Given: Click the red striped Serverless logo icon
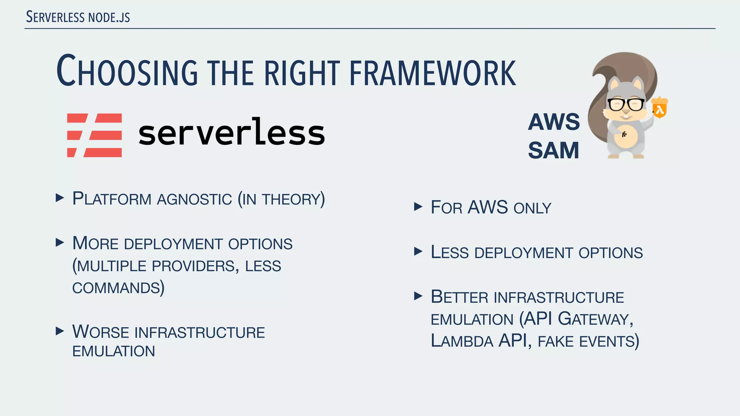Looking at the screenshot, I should point(95,135).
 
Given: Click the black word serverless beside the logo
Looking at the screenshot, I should point(232,133).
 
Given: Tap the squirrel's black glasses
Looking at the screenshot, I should point(625,104).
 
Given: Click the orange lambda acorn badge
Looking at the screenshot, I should point(660,108).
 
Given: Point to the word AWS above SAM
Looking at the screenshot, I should point(554,122).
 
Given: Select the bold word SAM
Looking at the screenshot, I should point(554,150).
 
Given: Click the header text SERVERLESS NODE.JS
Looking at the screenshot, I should point(78,17).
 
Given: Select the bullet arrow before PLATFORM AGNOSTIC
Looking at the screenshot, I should point(60,198).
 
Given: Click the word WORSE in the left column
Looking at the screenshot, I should point(101,332).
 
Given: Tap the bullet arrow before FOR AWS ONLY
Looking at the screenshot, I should point(418,207).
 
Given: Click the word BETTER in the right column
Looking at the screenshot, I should point(459,297).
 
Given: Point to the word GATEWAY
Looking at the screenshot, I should point(595,319).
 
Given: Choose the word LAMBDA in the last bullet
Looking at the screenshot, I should point(462,341).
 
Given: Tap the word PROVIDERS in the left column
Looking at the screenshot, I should point(193,266).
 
